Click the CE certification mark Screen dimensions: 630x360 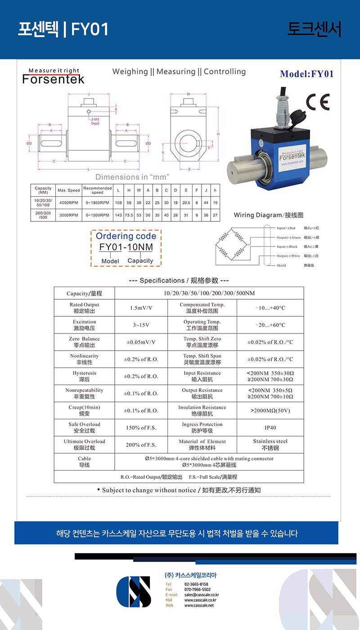coord(318,102)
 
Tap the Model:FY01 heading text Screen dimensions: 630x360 coord(307,74)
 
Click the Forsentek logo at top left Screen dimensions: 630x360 coord(54,77)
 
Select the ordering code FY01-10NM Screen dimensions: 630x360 coord(126,247)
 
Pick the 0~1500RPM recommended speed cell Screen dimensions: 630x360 coord(97,215)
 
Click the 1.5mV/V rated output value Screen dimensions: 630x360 coord(141,308)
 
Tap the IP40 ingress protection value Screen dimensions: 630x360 coord(270,427)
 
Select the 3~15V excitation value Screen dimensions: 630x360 coord(141,325)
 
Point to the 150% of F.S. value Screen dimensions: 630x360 coord(141,427)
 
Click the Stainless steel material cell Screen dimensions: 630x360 coord(270,445)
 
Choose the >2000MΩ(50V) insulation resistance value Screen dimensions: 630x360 coord(270,410)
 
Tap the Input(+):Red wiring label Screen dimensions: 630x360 coord(286,229)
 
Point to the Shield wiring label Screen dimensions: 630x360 coord(281,265)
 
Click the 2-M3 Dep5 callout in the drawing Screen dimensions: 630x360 coord(95,121)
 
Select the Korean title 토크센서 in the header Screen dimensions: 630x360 coord(314,29)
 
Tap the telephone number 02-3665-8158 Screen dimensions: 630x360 coord(196,584)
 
